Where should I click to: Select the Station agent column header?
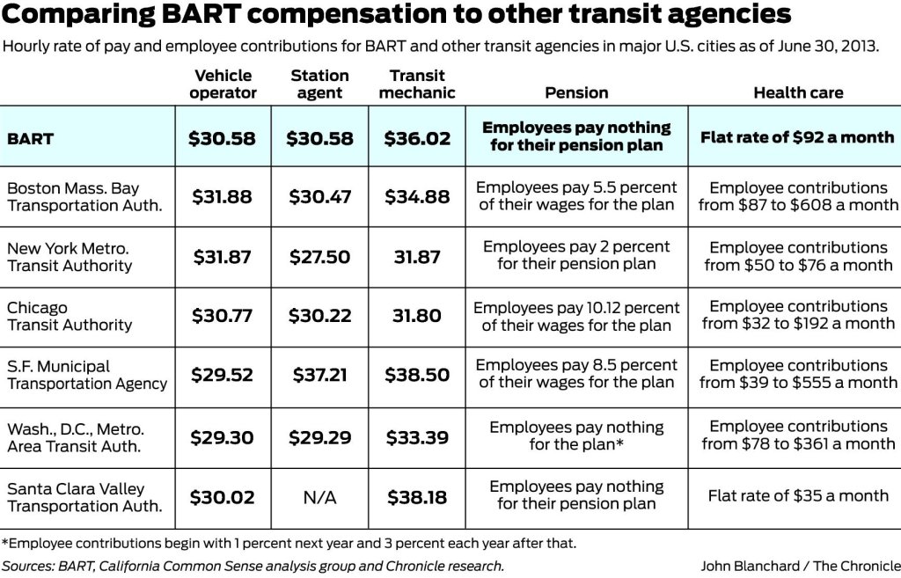tap(319, 84)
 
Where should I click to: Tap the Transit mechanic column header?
tap(417, 84)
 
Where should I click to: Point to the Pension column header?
tap(576, 92)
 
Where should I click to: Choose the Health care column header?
tap(798, 92)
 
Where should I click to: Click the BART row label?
tap(31, 138)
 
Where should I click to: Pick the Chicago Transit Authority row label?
tap(70, 316)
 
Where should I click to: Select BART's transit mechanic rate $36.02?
tap(417, 138)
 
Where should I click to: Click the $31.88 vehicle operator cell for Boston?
tap(223, 197)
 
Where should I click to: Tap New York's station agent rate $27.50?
tap(319, 257)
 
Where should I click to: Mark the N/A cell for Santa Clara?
tap(319, 498)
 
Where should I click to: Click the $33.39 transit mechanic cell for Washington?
tap(417, 437)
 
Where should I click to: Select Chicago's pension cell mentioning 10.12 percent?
tap(576, 316)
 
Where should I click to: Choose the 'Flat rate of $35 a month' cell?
tap(798, 496)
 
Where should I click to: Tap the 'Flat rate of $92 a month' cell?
tap(797, 137)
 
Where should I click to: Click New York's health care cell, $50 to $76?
tap(798, 256)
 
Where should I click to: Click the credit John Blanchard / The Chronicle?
tap(800, 566)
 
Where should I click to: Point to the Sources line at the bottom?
tap(253, 566)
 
